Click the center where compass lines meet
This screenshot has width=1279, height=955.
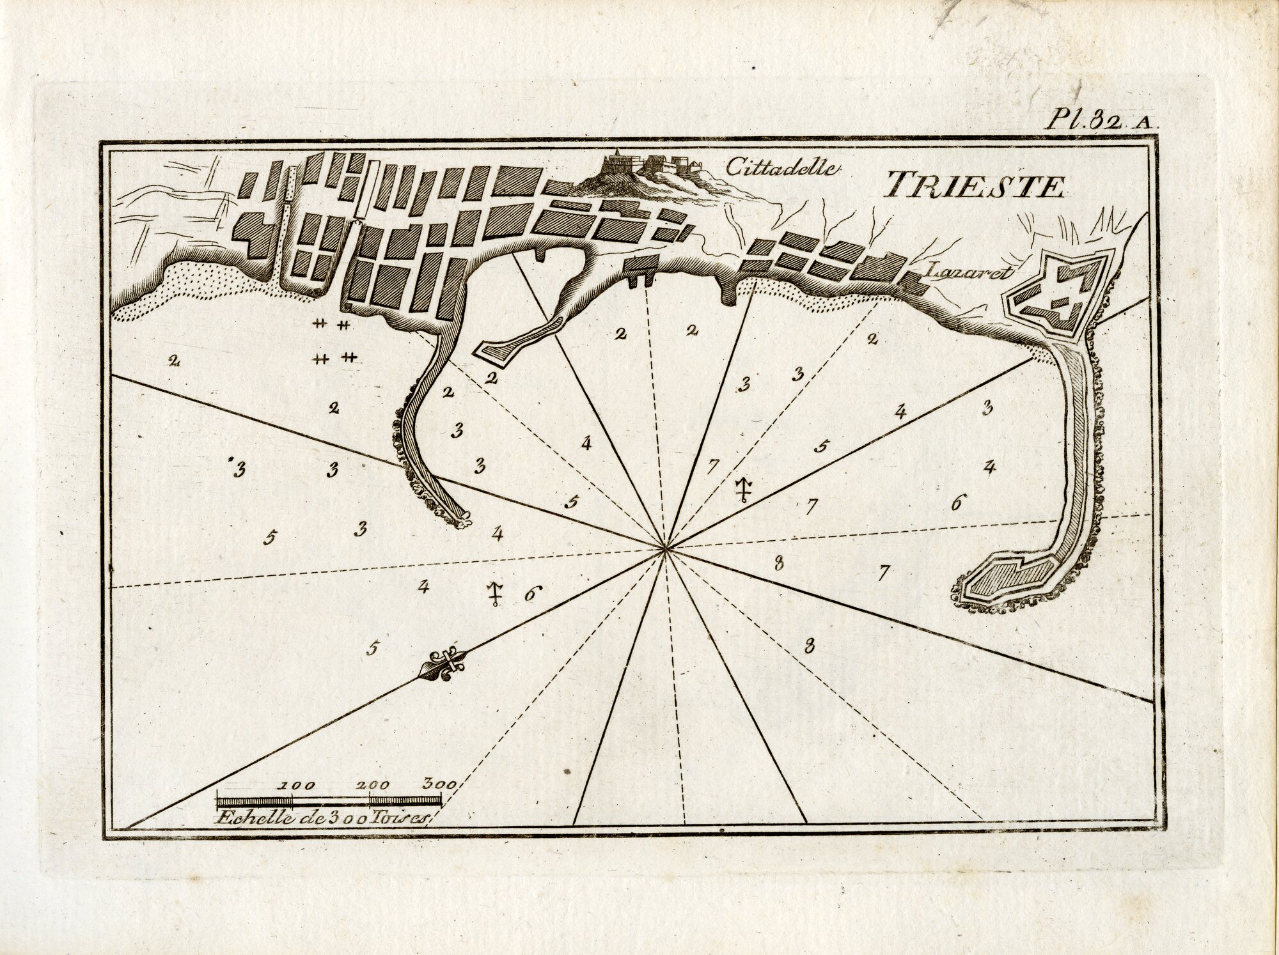666,548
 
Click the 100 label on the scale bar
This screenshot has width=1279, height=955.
293,785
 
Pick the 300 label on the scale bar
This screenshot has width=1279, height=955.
438,784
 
